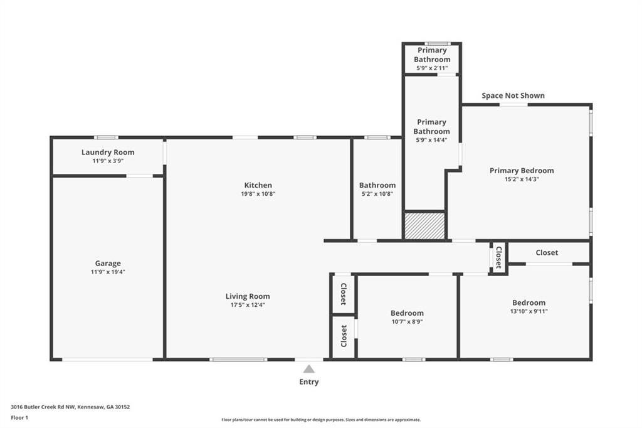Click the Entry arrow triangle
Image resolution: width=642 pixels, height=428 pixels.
(309, 369)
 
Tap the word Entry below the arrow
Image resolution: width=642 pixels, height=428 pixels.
(309, 382)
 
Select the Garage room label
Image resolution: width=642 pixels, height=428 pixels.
(108, 264)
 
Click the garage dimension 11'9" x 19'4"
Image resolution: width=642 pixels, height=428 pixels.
(108, 272)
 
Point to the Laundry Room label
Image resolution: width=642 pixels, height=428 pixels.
(108, 152)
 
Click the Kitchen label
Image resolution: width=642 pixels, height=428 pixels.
(258, 185)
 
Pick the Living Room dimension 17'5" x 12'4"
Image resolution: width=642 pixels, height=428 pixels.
(248, 305)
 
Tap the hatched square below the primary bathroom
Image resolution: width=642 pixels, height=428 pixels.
(424, 226)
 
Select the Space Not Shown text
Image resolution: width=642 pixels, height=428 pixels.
(513, 95)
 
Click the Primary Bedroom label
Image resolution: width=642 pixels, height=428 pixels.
(522, 171)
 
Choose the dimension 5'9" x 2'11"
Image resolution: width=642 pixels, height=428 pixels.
(432, 68)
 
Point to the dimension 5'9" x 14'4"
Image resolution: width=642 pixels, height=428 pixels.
(432, 140)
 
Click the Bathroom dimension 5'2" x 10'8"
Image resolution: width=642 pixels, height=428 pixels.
(377, 194)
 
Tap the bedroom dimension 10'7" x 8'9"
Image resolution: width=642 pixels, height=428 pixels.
(407, 322)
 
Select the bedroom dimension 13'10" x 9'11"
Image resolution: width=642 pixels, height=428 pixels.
(529, 311)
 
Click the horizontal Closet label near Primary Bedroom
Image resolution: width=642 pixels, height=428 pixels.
(547, 253)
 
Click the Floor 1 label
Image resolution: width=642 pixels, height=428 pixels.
(19, 417)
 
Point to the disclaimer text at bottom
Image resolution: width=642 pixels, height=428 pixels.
(320, 420)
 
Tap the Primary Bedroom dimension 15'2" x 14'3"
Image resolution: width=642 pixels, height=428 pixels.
(522, 179)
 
